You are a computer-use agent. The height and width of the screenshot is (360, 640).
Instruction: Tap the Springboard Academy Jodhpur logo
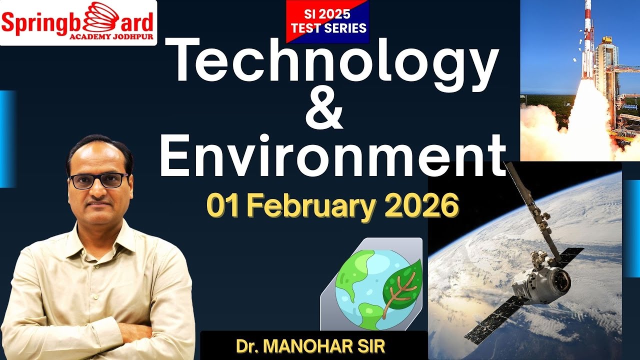coord(78,22)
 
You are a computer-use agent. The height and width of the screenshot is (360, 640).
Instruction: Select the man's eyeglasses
coord(98,180)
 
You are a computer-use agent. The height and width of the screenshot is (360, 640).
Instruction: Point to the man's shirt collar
coord(100,235)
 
